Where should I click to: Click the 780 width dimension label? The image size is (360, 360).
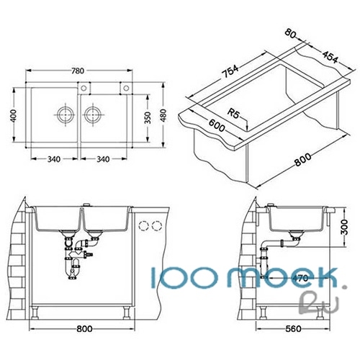pos(78,71)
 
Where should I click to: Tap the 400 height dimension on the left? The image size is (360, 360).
pos(14,116)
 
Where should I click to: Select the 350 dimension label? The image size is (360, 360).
pos(148,117)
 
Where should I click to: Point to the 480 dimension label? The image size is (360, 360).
pos(163,115)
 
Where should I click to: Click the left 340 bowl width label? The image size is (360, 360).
pos(54,159)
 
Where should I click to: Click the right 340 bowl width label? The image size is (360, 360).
pos(103,159)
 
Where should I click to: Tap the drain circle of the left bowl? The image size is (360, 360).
pos(66,114)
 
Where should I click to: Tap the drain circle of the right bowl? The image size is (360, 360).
pos(93,114)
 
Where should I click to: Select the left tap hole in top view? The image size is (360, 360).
pos(84,88)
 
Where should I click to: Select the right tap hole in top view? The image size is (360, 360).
pos(126,88)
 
